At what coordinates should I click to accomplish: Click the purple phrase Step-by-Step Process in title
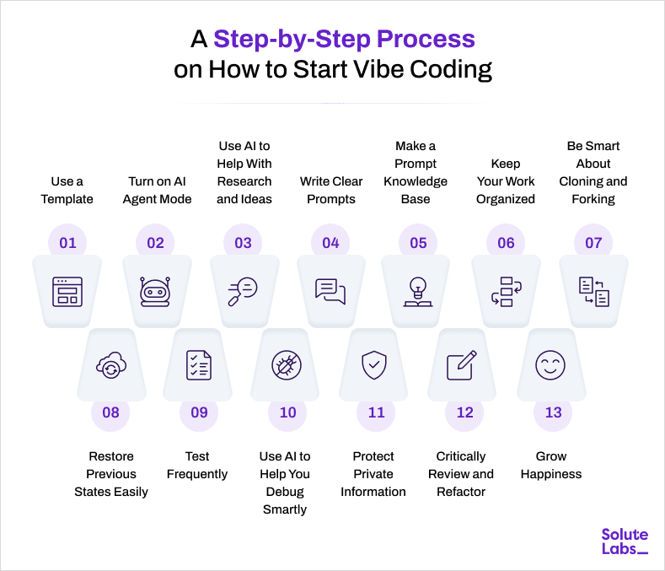pos(344,39)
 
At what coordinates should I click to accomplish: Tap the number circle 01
pos(67,243)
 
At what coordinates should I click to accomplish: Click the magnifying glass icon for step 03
pos(243,291)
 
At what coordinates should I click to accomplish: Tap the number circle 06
pos(506,243)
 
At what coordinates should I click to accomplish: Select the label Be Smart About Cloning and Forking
pos(593,172)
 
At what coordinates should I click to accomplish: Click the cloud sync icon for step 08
pos(110,365)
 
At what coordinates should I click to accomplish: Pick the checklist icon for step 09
pos(199,365)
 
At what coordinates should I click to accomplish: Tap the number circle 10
pos(287,412)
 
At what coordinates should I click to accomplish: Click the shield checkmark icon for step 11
pos(373,365)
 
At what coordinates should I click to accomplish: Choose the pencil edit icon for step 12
pos(461,365)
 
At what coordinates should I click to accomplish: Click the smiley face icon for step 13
pos(550,365)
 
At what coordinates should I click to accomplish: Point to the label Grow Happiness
pos(551,465)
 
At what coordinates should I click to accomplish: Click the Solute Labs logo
pos(625,541)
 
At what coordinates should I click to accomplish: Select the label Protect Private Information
pos(373,474)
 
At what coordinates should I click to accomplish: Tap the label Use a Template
pos(67,190)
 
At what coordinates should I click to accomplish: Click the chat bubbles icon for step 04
pos(330,291)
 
